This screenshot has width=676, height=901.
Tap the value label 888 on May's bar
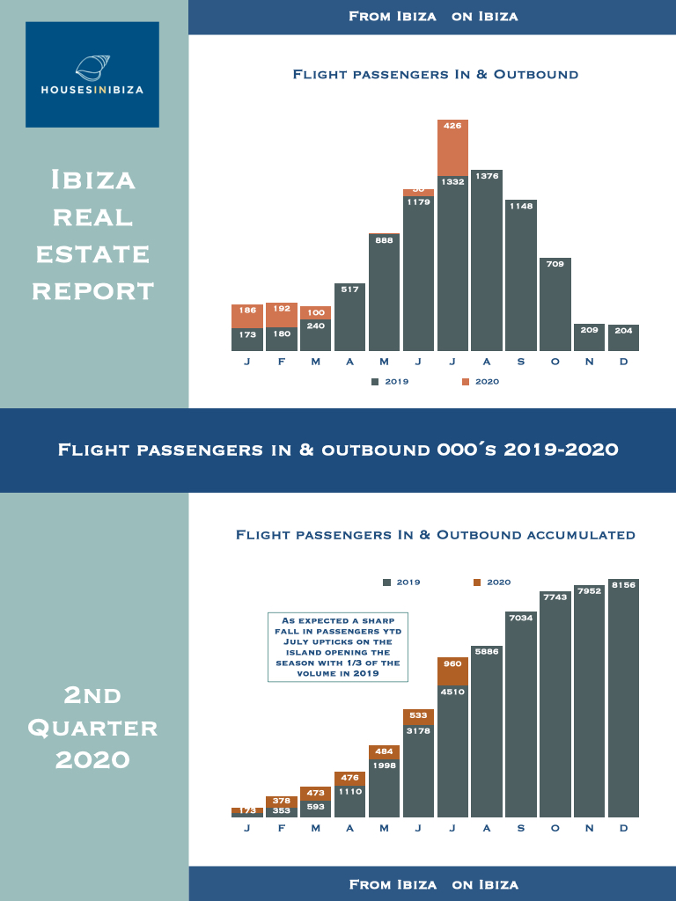[384, 238]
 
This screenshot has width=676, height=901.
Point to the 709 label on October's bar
[555, 263]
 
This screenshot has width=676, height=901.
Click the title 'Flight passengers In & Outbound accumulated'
[435, 534]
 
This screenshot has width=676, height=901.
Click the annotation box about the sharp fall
[338, 647]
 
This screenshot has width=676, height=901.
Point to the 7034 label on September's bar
[521, 617]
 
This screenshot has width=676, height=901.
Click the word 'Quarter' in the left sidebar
[92, 729]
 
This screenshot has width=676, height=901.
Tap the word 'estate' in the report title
[92, 254]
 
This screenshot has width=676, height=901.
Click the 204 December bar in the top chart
[623, 339]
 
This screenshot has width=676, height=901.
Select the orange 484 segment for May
[384, 752]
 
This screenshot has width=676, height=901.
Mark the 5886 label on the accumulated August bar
[487, 651]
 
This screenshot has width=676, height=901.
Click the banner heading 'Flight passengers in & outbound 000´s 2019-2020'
[338, 450]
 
